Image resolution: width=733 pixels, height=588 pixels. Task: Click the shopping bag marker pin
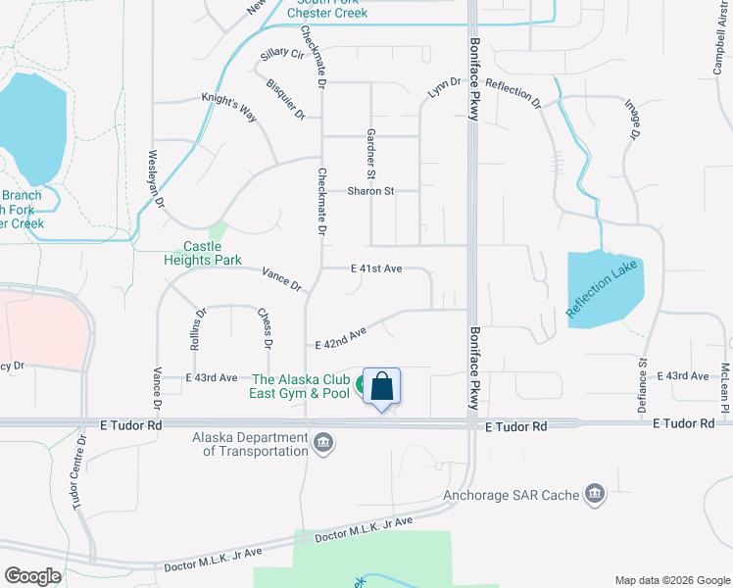[381, 387]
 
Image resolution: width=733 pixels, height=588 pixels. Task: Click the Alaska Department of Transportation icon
[322, 445]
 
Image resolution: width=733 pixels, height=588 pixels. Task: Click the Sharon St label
[370, 191]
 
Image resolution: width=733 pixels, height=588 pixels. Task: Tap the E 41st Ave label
[377, 268]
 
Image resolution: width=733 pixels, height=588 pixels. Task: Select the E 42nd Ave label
[340, 338]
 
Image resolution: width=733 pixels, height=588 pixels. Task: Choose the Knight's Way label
[228, 107]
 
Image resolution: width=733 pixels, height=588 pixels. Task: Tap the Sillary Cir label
[282, 55]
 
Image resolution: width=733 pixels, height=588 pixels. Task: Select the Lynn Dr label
[444, 88]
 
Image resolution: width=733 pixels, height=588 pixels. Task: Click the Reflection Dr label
[513, 94]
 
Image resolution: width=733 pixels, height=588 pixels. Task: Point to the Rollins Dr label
[201, 326]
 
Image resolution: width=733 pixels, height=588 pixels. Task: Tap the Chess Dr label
[264, 326]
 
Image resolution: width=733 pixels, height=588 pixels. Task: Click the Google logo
[33, 576]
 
